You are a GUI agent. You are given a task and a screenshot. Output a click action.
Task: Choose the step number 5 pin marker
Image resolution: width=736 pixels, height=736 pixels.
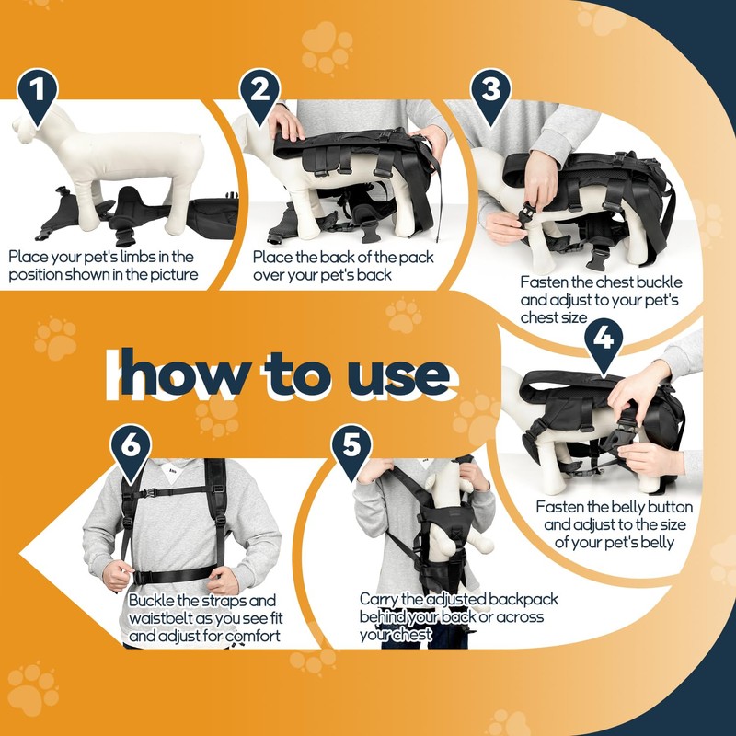[x=351, y=452]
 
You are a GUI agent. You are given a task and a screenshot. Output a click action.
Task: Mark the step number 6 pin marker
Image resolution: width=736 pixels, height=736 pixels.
[x=131, y=452]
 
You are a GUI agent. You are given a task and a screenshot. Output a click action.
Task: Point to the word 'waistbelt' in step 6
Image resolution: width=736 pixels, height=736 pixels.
[x=160, y=618]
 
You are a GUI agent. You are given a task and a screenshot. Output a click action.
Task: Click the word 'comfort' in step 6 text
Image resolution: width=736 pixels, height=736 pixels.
[x=252, y=636]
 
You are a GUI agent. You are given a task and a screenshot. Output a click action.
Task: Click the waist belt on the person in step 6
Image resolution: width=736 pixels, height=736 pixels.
[x=173, y=574]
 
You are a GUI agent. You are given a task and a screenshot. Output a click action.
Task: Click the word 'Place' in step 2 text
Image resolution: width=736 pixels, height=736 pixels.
[x=272, y=258]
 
